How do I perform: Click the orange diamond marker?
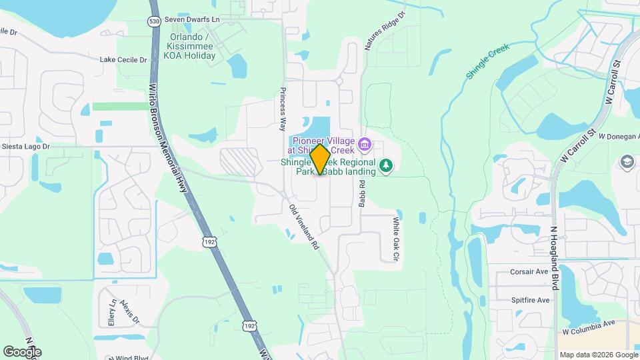320,159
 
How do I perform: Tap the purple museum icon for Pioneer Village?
364,143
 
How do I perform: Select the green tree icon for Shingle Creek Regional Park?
385,165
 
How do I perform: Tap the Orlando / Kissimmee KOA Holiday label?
193,47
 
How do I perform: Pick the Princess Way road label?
283,104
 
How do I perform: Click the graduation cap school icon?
627,162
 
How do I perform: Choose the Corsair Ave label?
529,272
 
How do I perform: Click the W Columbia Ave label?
588,325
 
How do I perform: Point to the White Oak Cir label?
395,238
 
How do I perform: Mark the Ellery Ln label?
112,311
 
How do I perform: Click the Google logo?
22,351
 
